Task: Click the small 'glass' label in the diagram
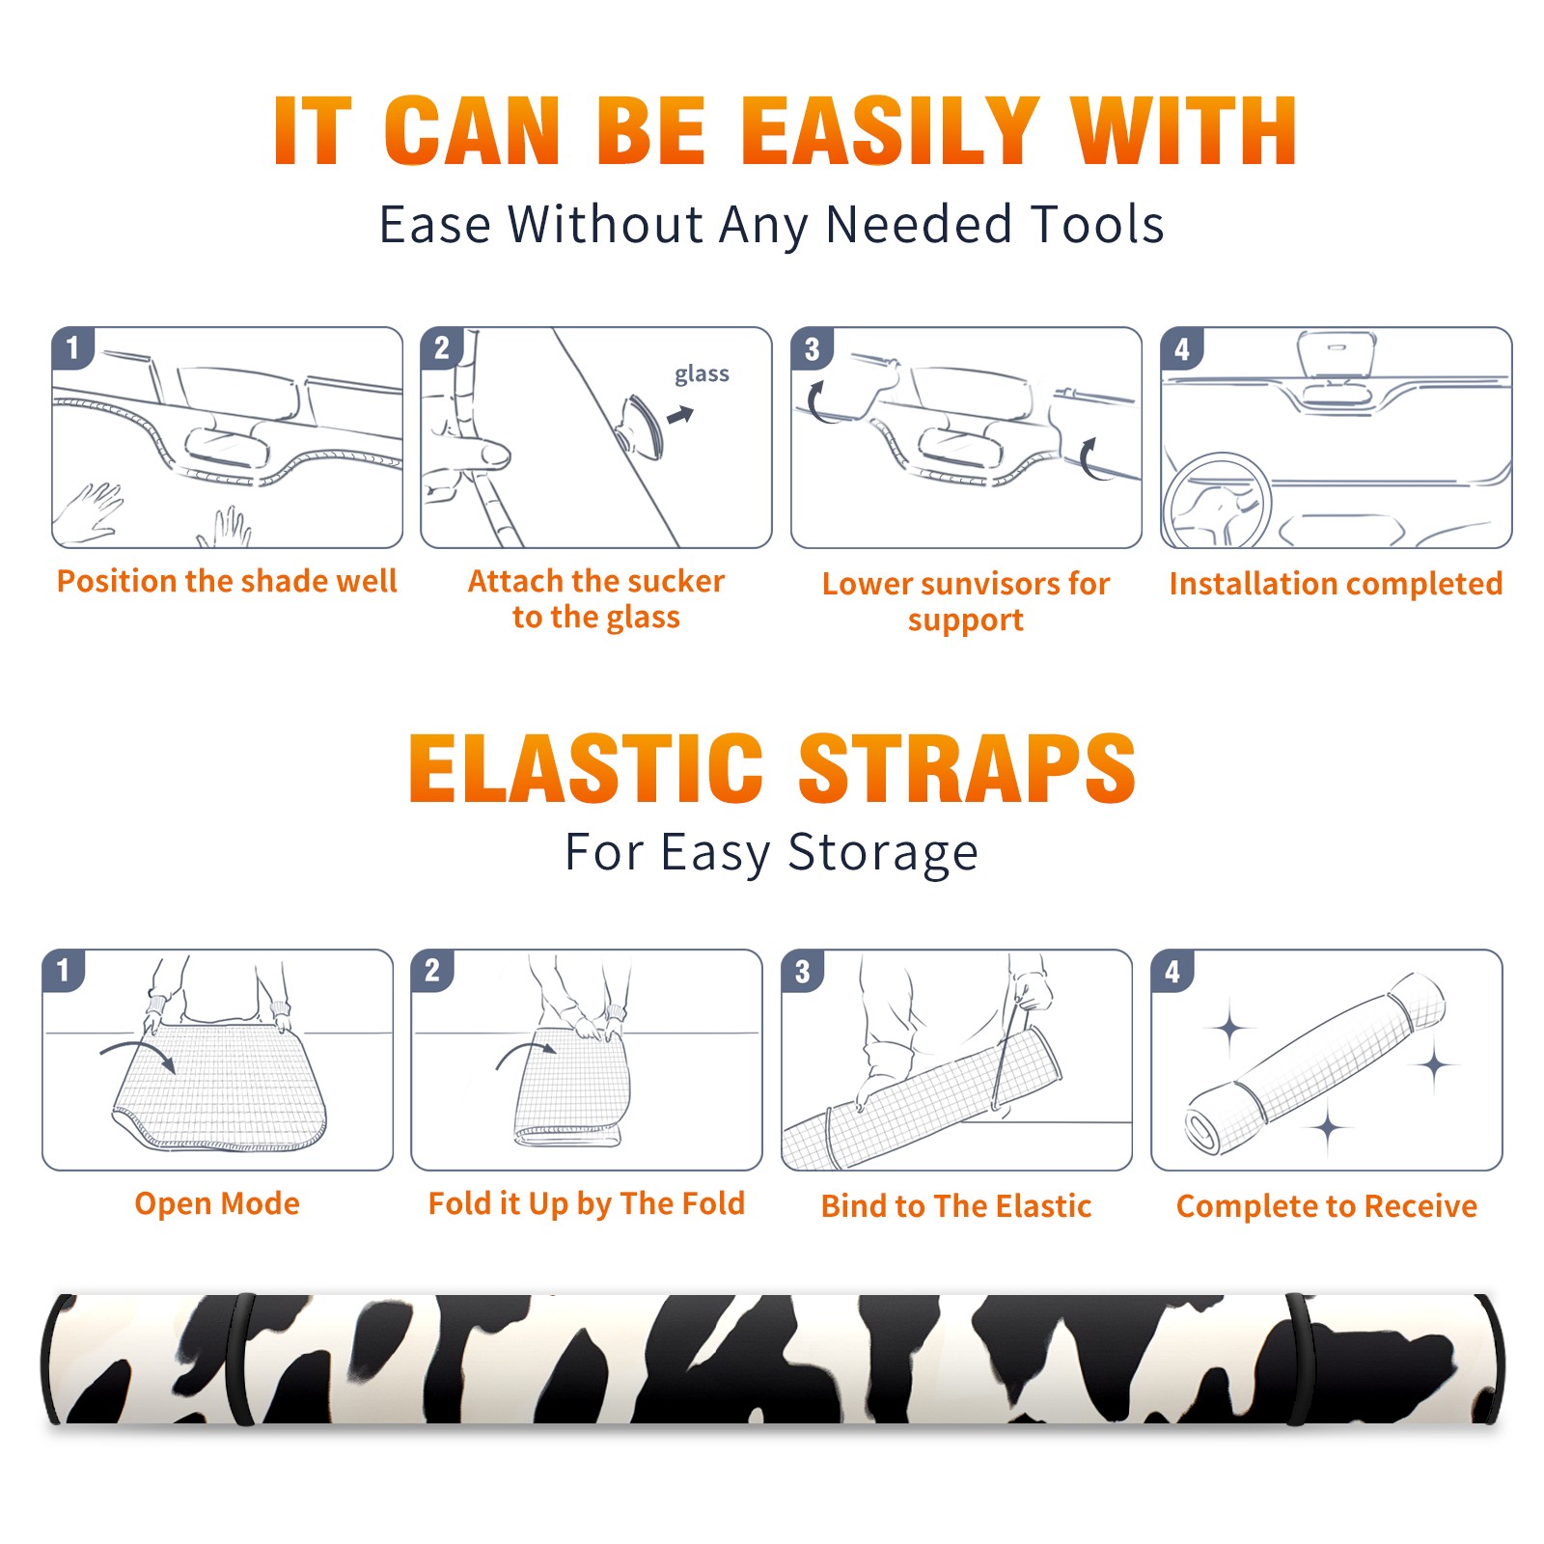(x=702, y=374)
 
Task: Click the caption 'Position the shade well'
(x=227, y=581)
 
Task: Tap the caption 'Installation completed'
(x=1336, y=583)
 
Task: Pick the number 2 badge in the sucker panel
(x=442, y=347)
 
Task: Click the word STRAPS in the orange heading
(x=967, y=768)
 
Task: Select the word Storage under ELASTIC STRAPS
(x=883, y=853)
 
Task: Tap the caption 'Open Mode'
(x=217, y=1203)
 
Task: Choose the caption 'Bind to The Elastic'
(x=956, y=1206)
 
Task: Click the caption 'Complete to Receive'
(x=1327, y=1206)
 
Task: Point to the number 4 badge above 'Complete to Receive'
(x=1172, y=972)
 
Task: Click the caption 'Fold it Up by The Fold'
(x=587, y=1203)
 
